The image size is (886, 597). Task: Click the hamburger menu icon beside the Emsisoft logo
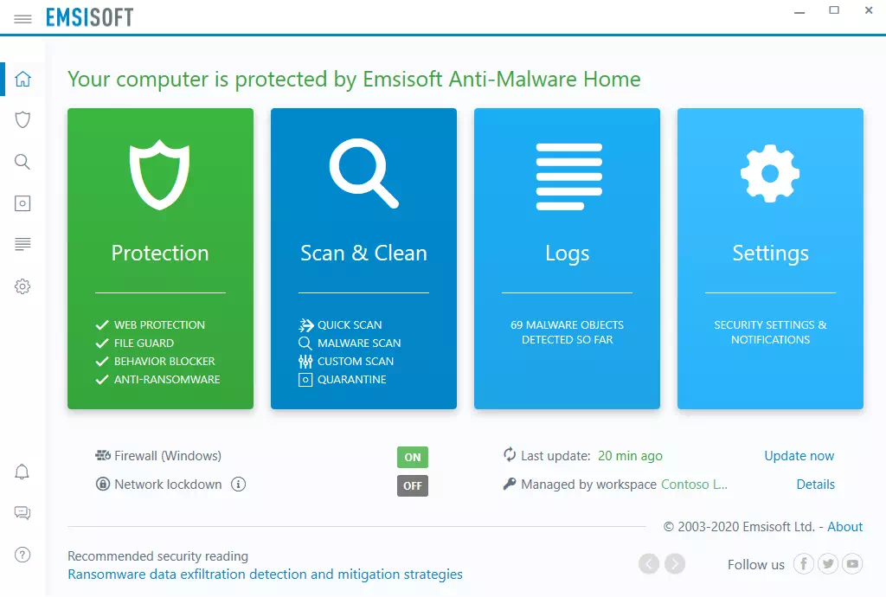point(22,19)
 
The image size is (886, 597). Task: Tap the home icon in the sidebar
point(22,79)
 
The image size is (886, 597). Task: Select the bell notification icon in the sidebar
point(22,472)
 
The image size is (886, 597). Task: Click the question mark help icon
point(22,555)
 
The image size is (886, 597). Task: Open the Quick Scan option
point(340,324)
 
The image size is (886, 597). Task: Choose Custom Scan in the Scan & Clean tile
point(346,361)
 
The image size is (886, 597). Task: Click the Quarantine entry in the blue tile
point(343,379)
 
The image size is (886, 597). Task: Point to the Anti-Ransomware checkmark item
point(157,379)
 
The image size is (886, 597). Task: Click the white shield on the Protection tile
point(159,174)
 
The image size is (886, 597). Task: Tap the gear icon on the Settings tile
point(770,173)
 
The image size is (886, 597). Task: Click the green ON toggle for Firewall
point(413,457)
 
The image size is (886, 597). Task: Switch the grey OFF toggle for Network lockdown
point(413,485)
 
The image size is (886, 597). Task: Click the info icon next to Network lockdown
point(239,484)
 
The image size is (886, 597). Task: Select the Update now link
point(799,456)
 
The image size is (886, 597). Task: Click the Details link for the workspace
point(815,484)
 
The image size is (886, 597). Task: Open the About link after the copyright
point(844,526)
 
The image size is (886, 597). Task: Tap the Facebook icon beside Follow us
point(804,563)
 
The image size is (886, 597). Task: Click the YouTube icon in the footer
point(852,563)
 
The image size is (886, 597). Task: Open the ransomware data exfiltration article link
point(265,574)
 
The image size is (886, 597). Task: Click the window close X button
point(869,10)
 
